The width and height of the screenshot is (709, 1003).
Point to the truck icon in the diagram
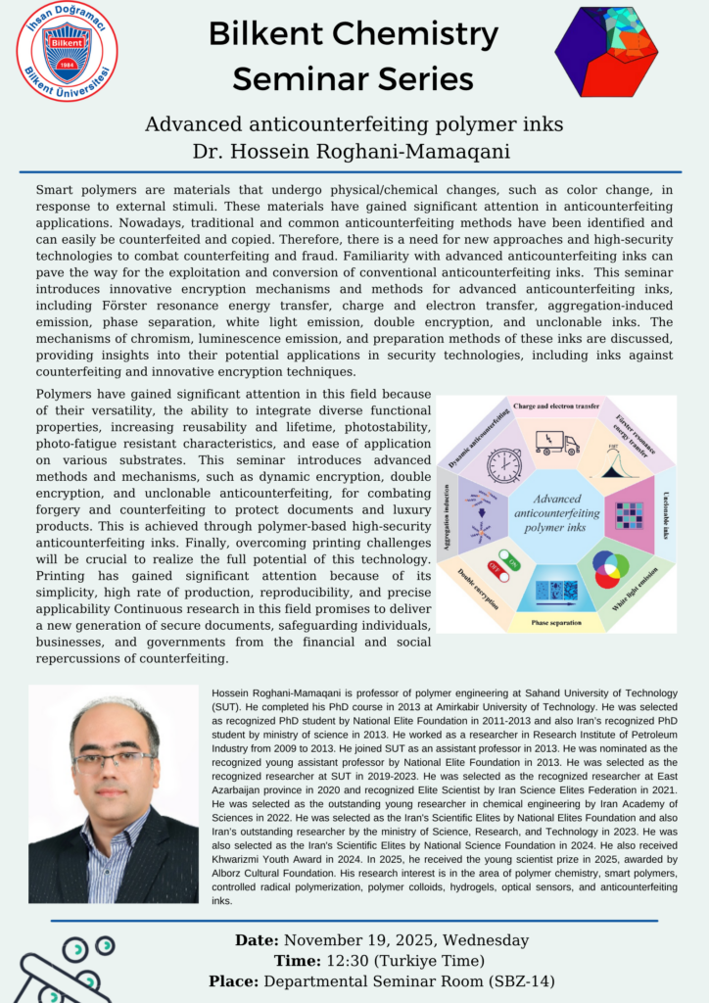[x=556, y=443]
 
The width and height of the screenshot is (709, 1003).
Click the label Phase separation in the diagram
[x=556, y=622]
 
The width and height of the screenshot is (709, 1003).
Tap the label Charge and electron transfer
[x=555, y=404]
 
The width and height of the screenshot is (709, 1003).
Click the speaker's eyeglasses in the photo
[x=114, y=760]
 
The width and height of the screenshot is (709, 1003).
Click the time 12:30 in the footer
[x=340, y=960]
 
